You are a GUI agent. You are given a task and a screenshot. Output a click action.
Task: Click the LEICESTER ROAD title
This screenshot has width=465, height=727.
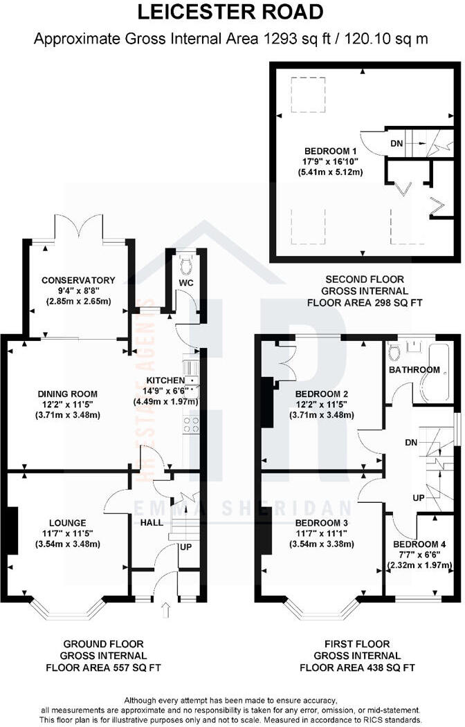click(x=231, y=12)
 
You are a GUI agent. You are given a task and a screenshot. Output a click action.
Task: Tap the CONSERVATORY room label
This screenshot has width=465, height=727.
click(x=77, y=280)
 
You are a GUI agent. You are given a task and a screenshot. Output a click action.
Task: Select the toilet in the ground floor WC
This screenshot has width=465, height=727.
click(x=184, y=264)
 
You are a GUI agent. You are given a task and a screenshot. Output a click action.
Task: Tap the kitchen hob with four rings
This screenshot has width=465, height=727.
click(x=190, y=425)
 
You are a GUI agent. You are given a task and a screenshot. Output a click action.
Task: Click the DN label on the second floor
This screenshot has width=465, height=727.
click(x=396, y=143)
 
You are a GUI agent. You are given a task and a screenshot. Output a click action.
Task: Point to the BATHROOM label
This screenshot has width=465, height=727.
click(x=414, y=370)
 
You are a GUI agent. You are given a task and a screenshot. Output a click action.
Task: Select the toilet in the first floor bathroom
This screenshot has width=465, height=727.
click(x=395, y=353)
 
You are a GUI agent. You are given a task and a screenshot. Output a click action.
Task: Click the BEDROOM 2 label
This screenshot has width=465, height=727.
click(x=321, y=394)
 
